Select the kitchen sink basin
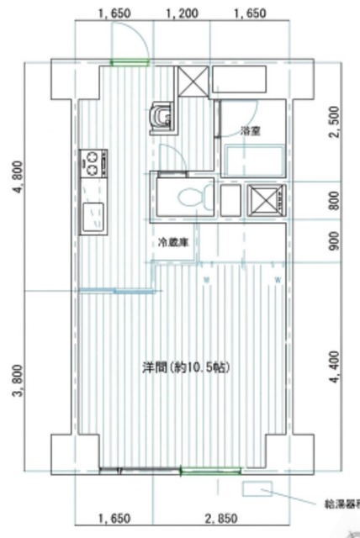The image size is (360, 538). (92, 218)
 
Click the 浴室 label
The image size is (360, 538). (249, 130)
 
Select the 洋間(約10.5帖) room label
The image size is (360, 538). (186, 367)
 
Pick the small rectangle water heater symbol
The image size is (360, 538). (257, 488)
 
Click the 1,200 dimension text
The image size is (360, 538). (183, 13)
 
